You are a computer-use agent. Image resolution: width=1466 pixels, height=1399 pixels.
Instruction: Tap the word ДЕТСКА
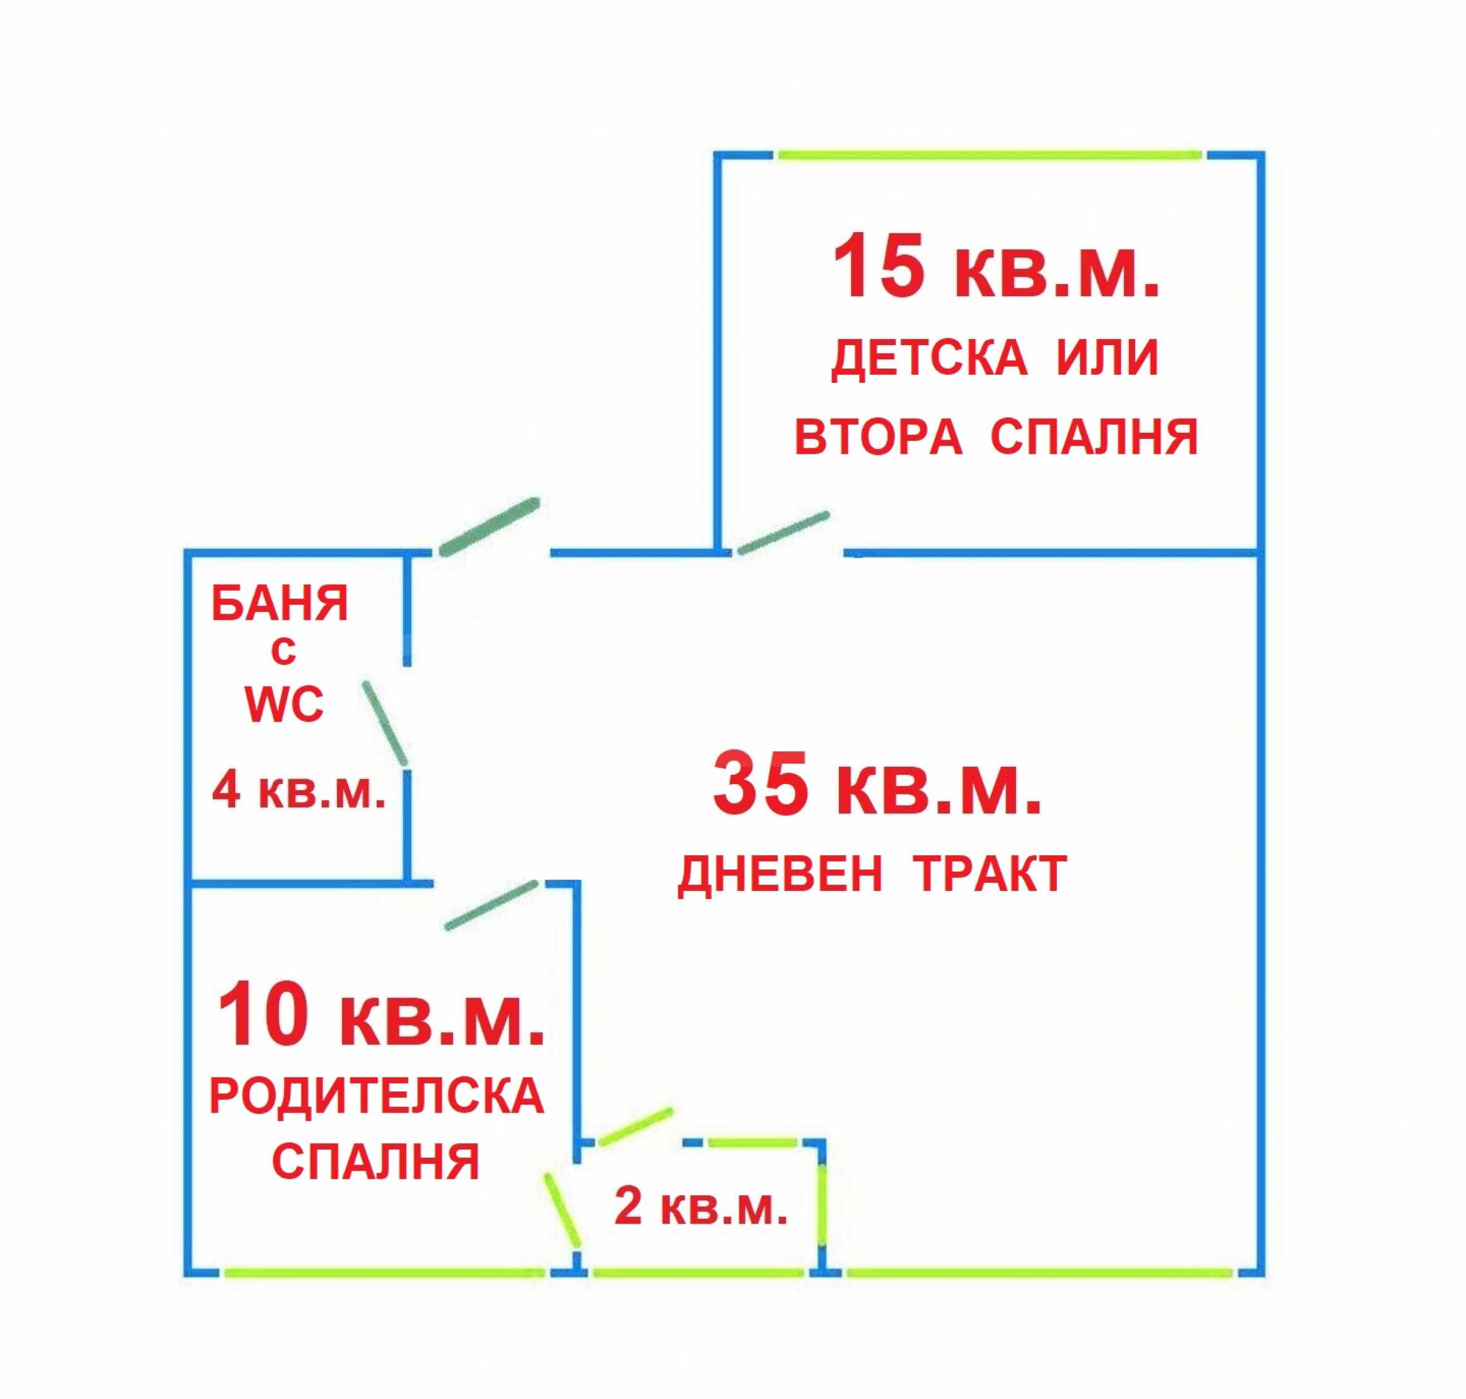(x=928, y=358)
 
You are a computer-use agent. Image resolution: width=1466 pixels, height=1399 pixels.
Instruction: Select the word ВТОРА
(x=878, y=437)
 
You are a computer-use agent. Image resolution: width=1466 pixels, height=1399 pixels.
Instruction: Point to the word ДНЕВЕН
(x=780, y=874)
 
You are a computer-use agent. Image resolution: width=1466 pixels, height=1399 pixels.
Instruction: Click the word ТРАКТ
(x=990, y=874)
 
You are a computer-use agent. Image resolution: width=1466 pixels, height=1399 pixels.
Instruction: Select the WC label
(x=284, y=704)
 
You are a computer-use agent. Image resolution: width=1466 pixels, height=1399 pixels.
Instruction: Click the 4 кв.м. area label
(x=299, y=790)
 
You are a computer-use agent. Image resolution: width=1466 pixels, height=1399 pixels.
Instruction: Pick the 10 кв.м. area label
(x=380, y=1014)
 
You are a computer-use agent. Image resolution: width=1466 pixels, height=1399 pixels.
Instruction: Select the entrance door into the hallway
(x=489, y=527)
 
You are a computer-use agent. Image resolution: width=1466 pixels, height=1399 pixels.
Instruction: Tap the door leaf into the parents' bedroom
(x=491, y=905)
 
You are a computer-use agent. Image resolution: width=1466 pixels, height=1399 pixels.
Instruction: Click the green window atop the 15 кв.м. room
(x=989, y=155)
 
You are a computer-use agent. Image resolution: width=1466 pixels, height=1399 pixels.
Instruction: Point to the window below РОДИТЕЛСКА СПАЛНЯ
(x=385, y=1272)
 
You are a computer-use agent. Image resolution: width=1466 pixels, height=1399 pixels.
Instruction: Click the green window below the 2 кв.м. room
(x=699, y=1272)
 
